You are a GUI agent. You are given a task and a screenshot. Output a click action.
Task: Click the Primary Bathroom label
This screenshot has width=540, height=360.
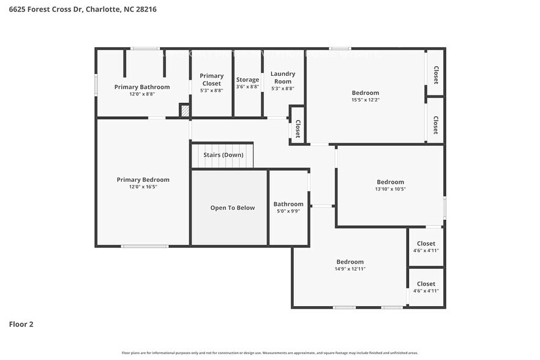pyautogui.click(x=142, y=87)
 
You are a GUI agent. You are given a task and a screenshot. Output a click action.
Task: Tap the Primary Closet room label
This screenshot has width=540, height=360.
pyautogui.click(x=212, y=80)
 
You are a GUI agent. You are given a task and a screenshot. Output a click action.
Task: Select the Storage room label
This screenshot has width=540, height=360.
pyautogui.click(x=248, y=80)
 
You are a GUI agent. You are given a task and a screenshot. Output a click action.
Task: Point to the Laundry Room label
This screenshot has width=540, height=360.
pyautogui.click(x=282, y=77)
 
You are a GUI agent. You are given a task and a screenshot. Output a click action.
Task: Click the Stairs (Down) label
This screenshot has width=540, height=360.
pyautogui.click(x=223, y=155)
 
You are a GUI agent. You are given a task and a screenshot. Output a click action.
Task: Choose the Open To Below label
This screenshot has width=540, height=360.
pyautogui.click(x=232, y=208)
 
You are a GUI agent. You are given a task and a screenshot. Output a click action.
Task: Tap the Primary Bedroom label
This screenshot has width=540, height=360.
pyautogui.click(x=143, y=179)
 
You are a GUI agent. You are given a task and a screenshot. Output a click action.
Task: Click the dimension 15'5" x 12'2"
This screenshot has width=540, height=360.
pyautogui.click(x=365, y=100)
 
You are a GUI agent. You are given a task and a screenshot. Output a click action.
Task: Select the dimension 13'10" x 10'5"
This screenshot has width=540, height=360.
pyautogui.click(x=390, y=189)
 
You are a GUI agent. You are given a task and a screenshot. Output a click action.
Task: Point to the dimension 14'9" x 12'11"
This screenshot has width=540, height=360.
pyautogui.click(x=350, y=269)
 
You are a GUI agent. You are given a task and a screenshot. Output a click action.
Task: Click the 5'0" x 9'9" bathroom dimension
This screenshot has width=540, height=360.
pyautogui.click(x=288, y=211)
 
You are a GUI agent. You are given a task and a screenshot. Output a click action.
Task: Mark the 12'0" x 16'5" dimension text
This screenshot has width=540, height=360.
pyautogui.click(x=143, y=187)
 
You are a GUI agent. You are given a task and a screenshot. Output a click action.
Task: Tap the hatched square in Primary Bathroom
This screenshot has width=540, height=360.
pyautogui.click(x=184, y=110)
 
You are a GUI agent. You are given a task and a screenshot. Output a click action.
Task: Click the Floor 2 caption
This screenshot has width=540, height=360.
pyautogui.click(x=21, y=324)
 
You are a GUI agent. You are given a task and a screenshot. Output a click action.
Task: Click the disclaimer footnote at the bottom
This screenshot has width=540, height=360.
pyautogui.click(x=270, y=353)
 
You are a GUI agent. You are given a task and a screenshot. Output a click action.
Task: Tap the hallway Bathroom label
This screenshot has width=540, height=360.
pyautogui.click(x=288, y=204)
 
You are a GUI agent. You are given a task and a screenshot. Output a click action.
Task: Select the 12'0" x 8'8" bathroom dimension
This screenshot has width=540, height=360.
pyautogui.click(x=142, y=94)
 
